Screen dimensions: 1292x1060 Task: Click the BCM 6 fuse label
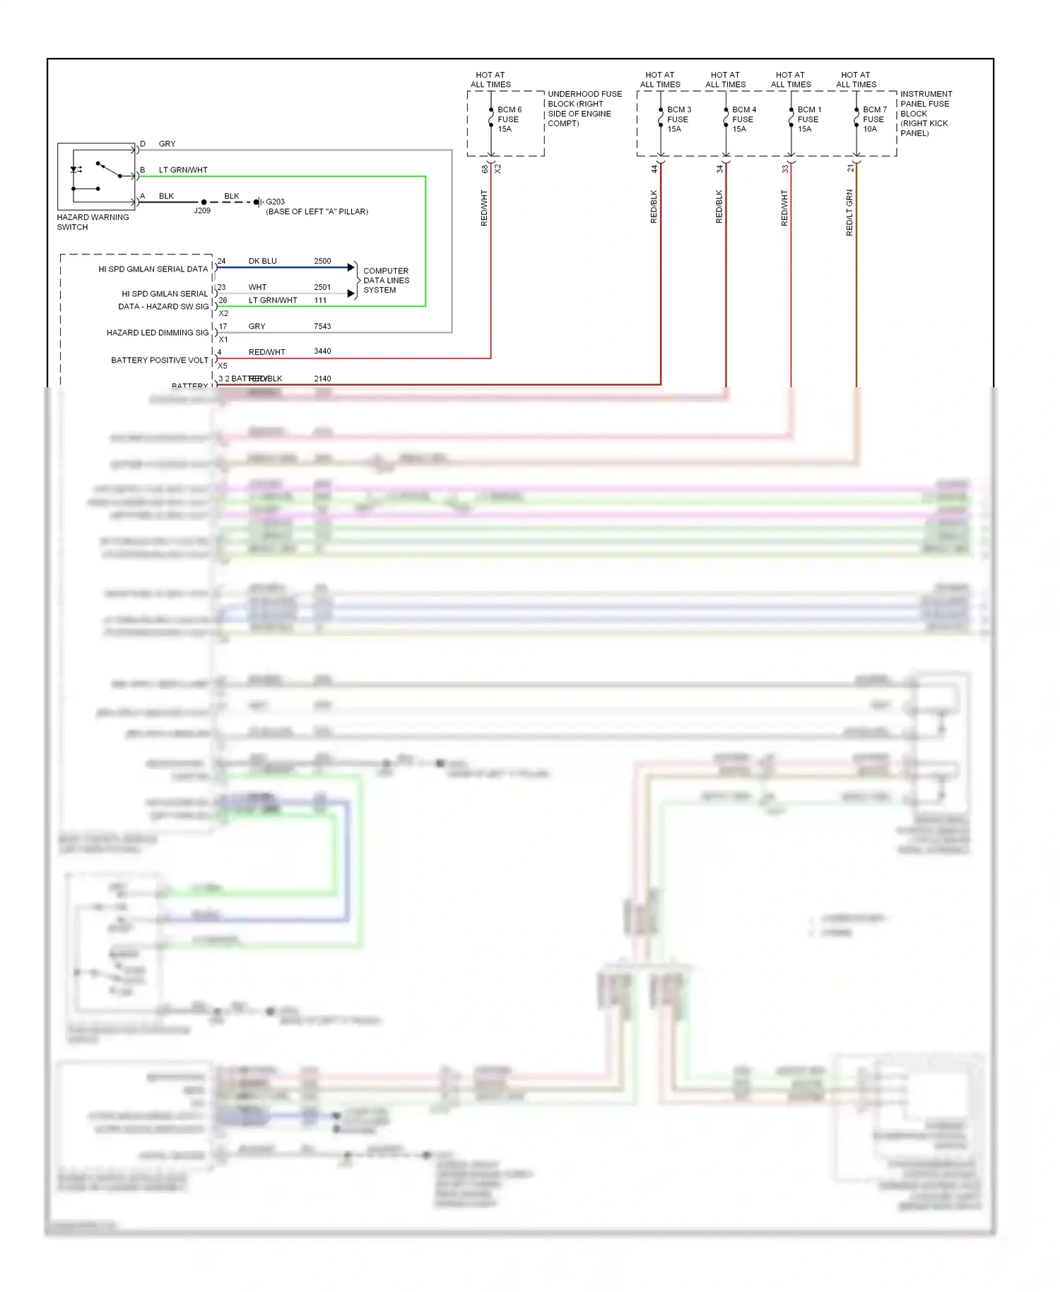[509, 119]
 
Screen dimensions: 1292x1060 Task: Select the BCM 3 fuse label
[678, 119]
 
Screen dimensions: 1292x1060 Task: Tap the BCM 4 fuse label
[743, 119]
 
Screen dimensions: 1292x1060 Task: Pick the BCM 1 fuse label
[809, 119]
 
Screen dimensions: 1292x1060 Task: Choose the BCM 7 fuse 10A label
[874, 119]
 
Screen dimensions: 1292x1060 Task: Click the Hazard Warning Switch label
[93, 222]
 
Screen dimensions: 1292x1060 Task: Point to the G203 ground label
[275, 202]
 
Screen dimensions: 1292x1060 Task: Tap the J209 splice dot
[204, 202]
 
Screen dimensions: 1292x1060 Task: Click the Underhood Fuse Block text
[584, 108]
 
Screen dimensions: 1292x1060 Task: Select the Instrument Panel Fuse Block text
[925, 113]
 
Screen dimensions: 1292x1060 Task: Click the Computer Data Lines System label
[385, 281]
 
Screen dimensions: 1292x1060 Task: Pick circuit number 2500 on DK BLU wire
[322, 262]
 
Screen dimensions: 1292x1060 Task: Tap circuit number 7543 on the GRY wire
[322, 327]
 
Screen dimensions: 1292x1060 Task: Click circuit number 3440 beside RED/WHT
[322, 351]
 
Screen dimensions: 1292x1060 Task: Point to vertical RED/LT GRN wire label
[849, 213]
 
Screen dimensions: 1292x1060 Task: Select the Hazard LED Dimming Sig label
[157, 333]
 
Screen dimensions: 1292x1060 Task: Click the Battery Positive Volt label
[159, 360]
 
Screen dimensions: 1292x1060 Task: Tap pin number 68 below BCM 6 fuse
[485, 170]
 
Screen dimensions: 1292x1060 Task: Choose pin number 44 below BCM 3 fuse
[654, 170]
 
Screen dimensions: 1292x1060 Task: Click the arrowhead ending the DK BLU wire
[351, 267]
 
